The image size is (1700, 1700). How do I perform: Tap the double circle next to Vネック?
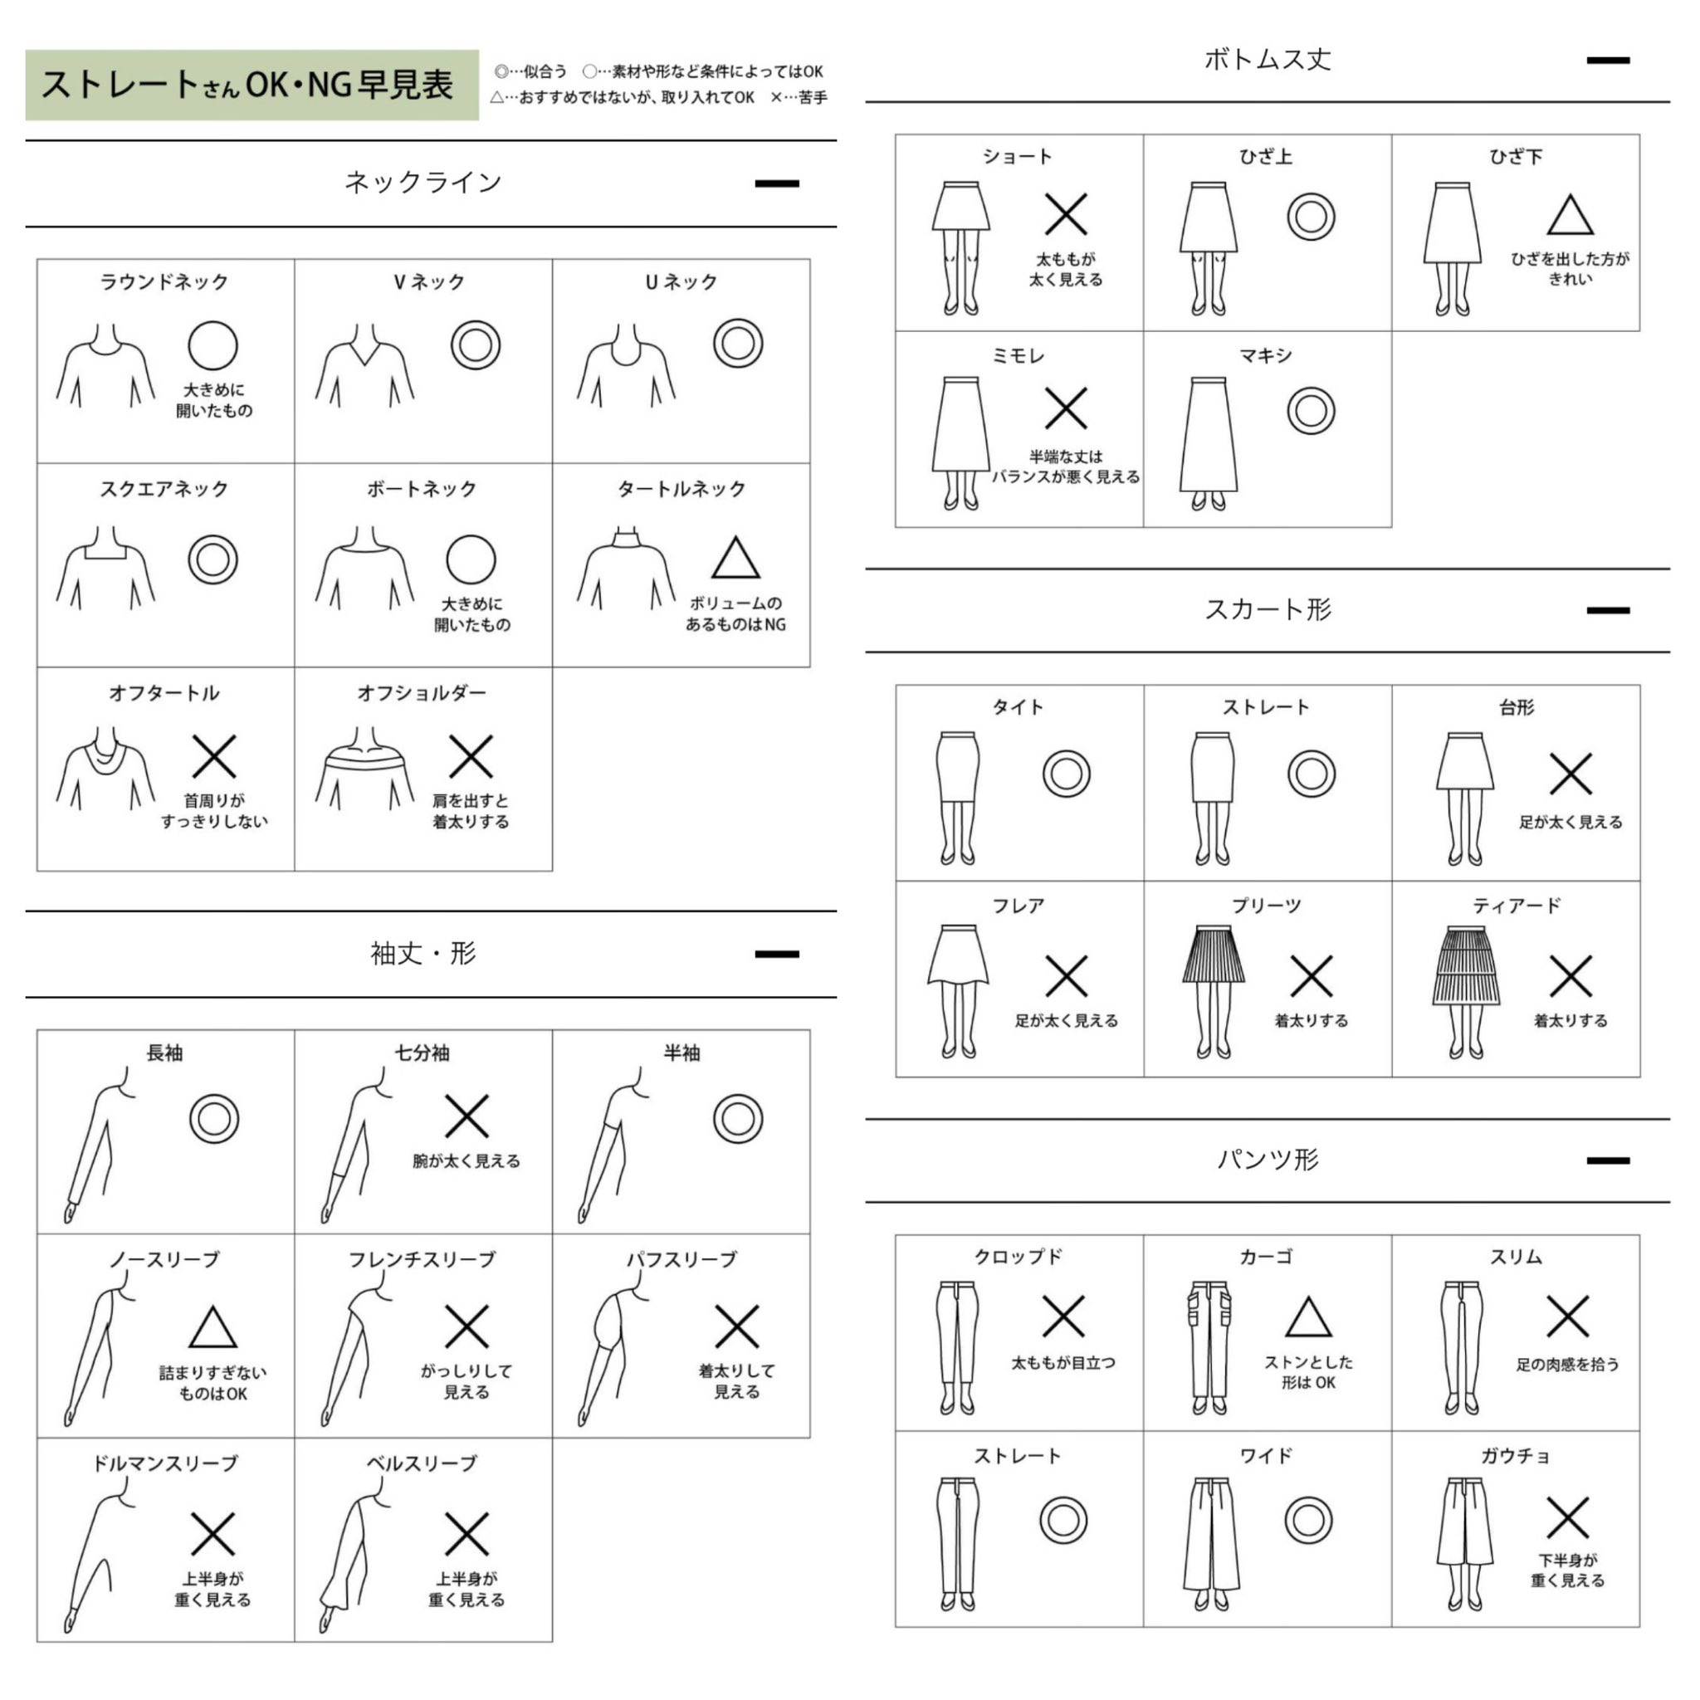tap(475, 345)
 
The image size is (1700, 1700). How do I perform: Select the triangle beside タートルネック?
tap(735, 558)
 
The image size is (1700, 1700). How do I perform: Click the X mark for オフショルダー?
tap(471, 757)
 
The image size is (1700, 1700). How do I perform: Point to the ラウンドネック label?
tap(164, 282)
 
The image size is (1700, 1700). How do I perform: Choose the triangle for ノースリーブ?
tap(213, 1329)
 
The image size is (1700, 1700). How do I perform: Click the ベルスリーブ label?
tap(423, 1463)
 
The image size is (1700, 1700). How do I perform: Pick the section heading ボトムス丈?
tap(1267, 60)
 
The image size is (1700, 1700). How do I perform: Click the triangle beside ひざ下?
tap(1571, 216)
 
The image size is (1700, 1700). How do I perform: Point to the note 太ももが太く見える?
tap(1066, 269)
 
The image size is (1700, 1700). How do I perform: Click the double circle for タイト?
tap(1067, 774)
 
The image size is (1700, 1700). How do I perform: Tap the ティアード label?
tap(1516, 906)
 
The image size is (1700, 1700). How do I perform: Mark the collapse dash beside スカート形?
tap(1608, 610)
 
